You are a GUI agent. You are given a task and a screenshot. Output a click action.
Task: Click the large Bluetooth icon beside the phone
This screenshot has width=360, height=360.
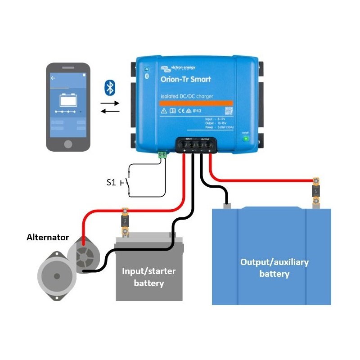click(109, 87)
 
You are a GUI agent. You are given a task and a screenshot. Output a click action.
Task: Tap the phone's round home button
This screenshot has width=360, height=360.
click(68, 144)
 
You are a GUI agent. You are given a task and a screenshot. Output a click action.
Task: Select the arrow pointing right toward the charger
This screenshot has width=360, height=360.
click(110, 103)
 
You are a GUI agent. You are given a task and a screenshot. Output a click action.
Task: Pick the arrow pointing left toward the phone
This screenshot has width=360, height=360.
click(110, 111)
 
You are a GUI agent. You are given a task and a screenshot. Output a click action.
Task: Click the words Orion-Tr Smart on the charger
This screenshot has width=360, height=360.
click(185, 80)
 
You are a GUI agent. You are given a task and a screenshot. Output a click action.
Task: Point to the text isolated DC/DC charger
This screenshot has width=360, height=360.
click(187, 96)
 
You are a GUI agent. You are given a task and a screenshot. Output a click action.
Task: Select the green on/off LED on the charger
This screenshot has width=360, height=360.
click(245, 138)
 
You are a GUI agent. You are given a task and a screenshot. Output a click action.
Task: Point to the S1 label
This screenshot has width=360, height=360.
click(111, 182)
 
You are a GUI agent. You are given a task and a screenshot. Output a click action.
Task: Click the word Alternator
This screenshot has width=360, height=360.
click(48, 237)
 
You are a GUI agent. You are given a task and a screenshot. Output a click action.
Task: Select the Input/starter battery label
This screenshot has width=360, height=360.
click(148, 277)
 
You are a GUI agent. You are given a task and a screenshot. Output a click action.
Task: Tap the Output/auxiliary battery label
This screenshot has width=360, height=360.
click(274, 268)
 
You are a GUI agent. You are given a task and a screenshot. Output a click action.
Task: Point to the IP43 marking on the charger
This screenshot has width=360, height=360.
click(197, 111)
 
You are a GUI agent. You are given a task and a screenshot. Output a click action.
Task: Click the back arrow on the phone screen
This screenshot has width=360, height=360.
click(53, 78)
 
